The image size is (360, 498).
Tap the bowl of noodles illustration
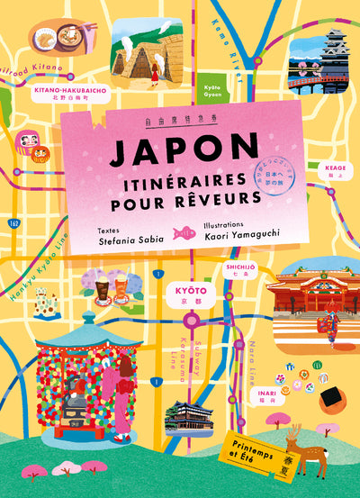tap(53, 41)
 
